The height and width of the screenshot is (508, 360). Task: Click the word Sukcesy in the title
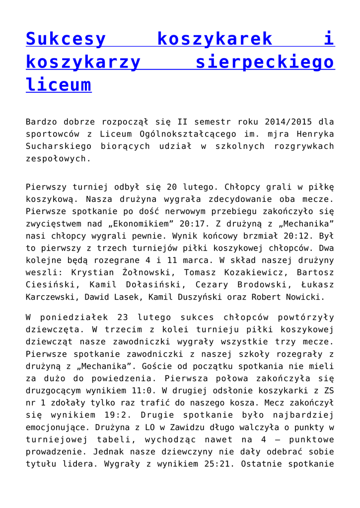tap(66, 39)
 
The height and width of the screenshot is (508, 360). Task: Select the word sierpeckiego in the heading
tap(265, 62)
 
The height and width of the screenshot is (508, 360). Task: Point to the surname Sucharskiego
tap(59, 146)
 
